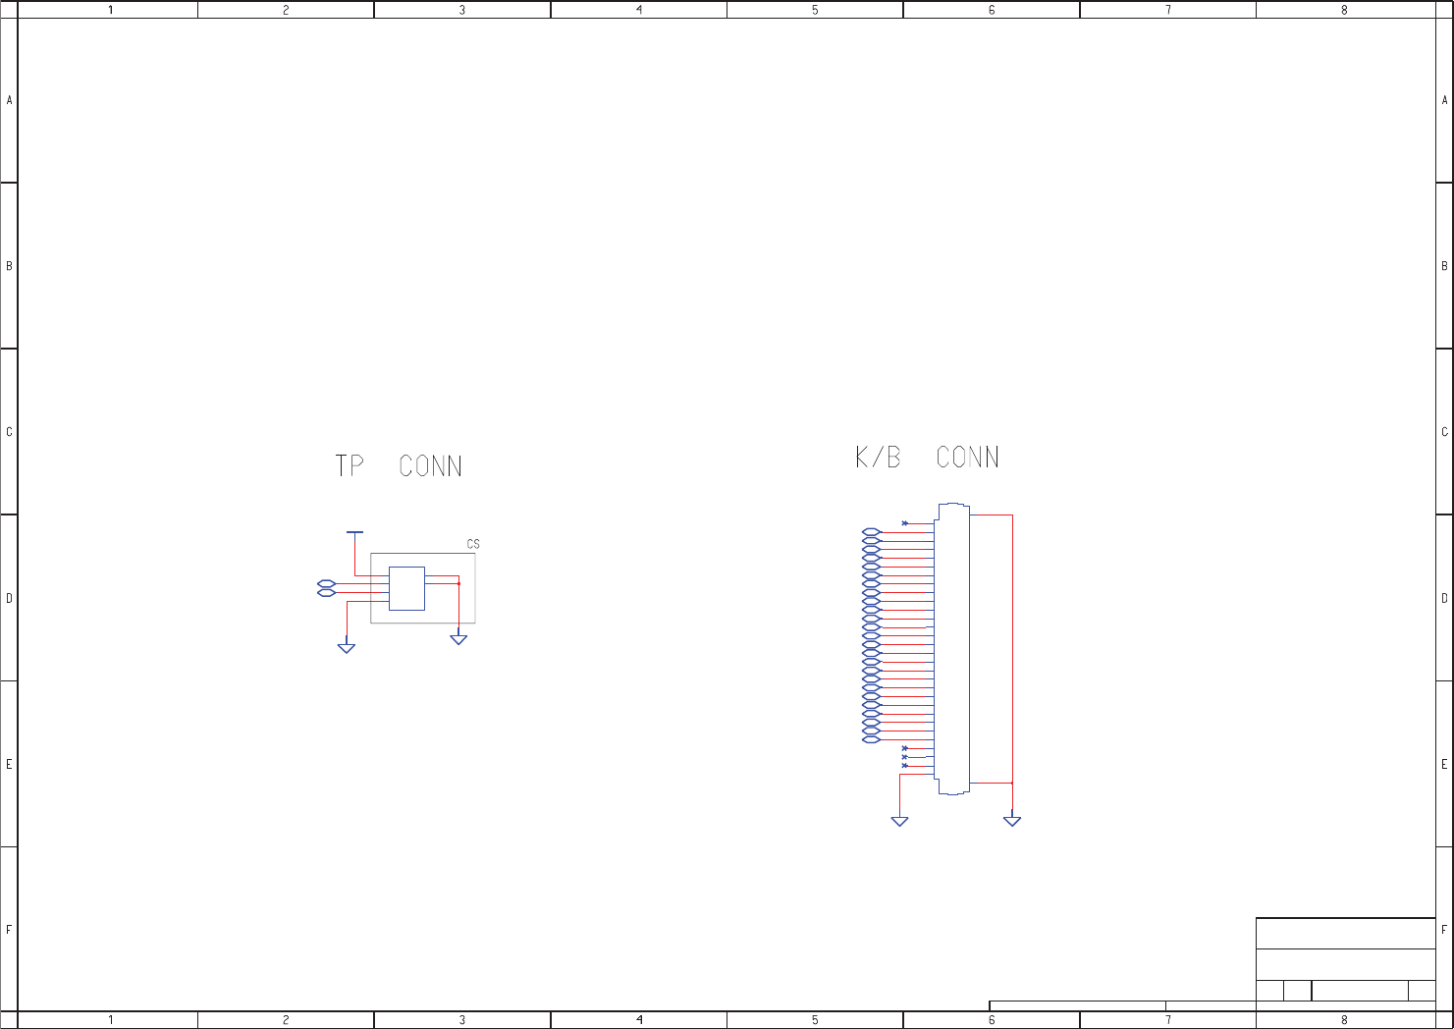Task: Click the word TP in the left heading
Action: [x=350, y=465]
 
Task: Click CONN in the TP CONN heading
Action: [x=430, y=465]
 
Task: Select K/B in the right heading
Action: [x=878, y=457]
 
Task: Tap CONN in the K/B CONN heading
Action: [x=967, y=457]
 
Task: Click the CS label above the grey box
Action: [x=473, y=544]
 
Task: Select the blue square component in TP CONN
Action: [x=407, y=588]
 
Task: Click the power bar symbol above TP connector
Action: [x=354, y=532]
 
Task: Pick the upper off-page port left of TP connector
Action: [x=327, y=583]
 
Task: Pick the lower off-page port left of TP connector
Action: [x=327, y=593]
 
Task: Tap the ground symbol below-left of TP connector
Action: [x=347, y=648]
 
